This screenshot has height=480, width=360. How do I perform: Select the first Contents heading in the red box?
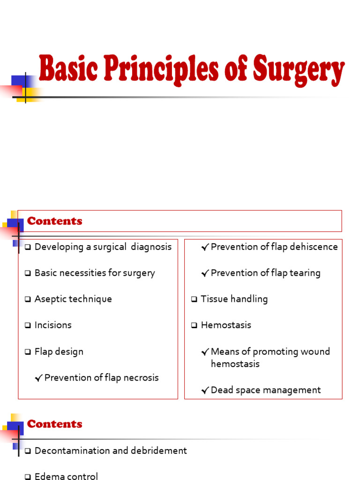coord(54,221)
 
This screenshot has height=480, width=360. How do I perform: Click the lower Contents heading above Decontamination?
coord(54,424)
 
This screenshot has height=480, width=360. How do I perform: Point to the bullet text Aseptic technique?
coord(73,299)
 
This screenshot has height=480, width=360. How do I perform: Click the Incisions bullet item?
coord(53,325)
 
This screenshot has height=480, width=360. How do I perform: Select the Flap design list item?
coord(59,352)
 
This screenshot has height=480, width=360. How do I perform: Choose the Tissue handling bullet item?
coord(234,299)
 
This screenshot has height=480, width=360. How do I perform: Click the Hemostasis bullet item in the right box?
coord(226,325)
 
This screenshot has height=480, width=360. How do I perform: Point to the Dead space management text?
coord(266,390)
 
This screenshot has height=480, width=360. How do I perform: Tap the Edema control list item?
coord(66,476)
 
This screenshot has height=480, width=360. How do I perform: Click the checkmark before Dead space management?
coord(205,390)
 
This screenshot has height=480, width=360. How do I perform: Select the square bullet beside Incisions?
coord(28,325)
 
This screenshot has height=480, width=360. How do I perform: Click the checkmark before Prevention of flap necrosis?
coord(38,378)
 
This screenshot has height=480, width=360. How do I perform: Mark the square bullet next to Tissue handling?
coord(194,300)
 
